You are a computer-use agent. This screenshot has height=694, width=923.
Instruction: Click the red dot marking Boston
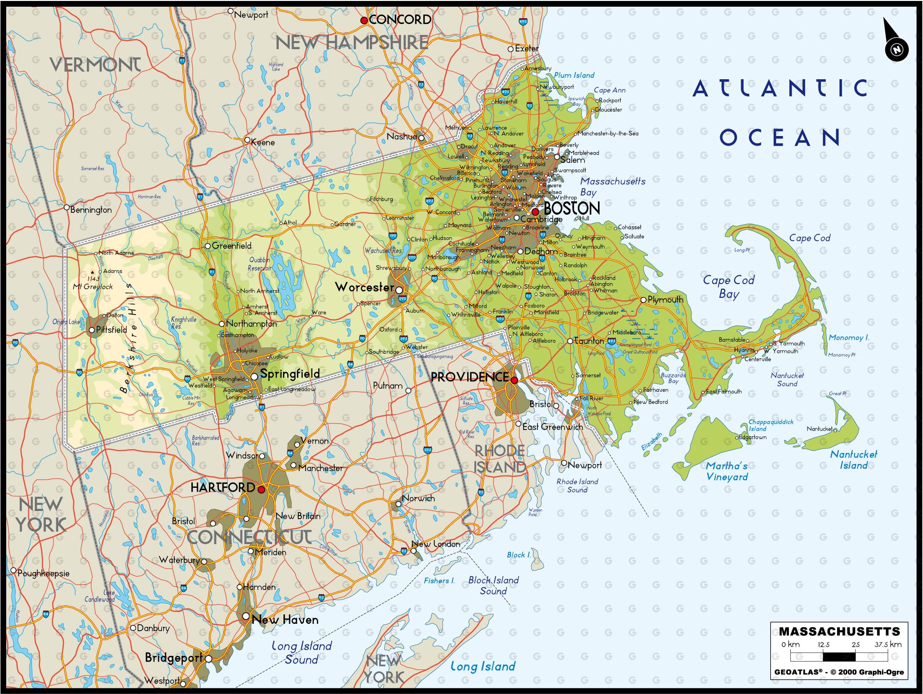[x=535, y=211]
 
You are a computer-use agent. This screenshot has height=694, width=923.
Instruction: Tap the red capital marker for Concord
[x=364, y=20]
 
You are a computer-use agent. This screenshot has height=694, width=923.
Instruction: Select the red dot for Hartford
[x=261, y=489]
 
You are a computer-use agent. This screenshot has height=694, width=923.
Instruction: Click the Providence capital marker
[x=514, y=380]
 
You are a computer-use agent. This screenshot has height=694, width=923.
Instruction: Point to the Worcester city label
[x=364, y=287]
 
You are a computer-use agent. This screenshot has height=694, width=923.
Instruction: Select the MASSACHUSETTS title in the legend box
[x=839, y=631]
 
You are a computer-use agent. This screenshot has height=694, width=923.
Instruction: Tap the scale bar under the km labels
[x=839, y=657]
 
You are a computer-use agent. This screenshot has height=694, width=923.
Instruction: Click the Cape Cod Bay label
[x=729, y=286]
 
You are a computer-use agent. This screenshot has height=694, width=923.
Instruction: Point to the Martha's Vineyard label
[x=726, y=471]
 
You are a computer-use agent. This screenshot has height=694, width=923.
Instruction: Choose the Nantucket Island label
[x=853, y=460]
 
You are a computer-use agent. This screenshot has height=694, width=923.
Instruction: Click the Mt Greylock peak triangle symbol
[x=92, y=273]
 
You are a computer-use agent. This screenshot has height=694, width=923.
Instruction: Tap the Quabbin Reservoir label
[x=260, y=264]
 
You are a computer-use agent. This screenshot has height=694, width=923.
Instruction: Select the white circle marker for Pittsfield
[x=92, y=330]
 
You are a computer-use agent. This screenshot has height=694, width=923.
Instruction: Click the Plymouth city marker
[x=643, y=300]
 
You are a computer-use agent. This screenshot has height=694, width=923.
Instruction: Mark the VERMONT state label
[x=95, y=65]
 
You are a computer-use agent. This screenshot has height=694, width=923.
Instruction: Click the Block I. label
[x=519, y=555]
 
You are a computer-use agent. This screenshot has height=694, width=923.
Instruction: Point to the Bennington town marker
[x=67, y=208]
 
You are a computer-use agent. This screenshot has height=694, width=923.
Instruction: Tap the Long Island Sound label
[x=301, y=652]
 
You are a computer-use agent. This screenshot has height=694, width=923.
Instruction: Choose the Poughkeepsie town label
[x=43, y=573]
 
